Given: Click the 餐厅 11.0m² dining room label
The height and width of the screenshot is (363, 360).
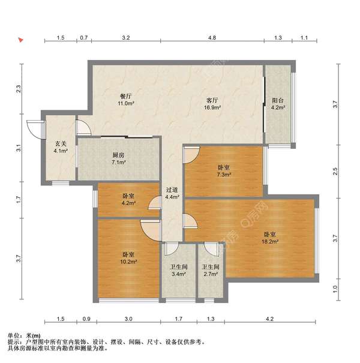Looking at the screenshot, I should tap(125, 100).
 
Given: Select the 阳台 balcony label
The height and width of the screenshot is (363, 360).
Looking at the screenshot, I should tap(277, 104).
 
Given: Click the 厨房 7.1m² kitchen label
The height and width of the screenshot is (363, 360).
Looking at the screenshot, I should tap(118, 158).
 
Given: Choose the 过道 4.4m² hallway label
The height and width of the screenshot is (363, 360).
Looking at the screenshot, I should tap(172, 193).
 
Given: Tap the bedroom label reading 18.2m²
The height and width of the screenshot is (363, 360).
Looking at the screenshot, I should tap(269, 238).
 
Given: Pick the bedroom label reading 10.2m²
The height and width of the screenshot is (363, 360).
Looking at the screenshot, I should tap(128, 258).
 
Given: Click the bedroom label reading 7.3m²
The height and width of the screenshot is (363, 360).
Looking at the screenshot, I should tap(223, 170).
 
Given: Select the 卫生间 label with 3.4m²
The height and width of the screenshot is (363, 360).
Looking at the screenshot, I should tap(178, 271).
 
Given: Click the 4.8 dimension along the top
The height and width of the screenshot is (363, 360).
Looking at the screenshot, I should tap(212, 38).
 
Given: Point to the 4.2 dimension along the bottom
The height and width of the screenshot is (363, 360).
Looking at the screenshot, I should tap(269, 319).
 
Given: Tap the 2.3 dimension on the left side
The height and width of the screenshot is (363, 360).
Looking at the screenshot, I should tap(19, 89).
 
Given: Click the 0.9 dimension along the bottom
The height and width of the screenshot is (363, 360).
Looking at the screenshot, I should tap(86, 319).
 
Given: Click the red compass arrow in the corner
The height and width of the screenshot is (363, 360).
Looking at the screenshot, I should tap(20, 41).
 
